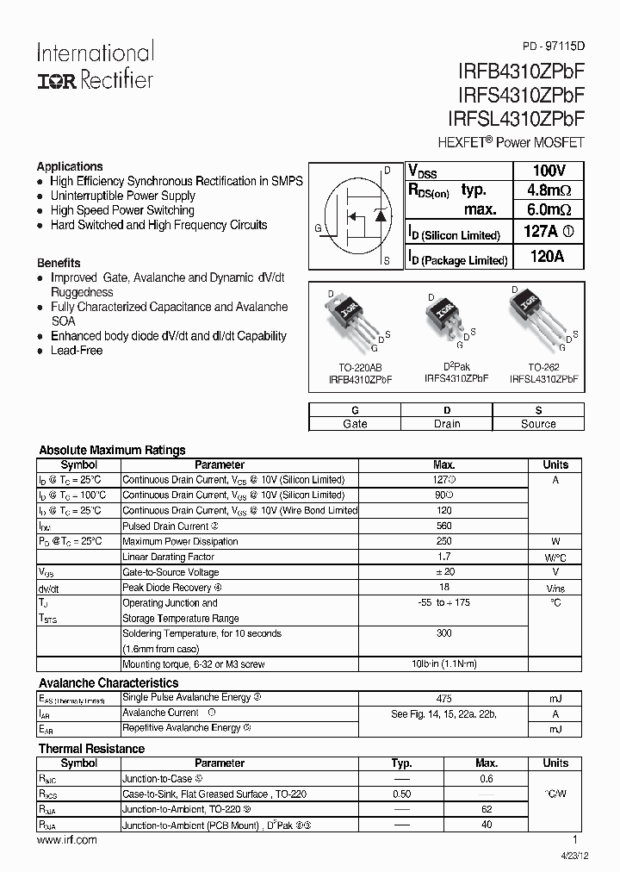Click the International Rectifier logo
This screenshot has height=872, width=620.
click(95, 65)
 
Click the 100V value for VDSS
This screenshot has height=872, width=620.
click(549, 171)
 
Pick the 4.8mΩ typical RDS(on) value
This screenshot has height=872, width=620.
click(549, 190)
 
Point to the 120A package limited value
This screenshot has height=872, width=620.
click(549, 257)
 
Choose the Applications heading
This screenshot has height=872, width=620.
click(70, 166)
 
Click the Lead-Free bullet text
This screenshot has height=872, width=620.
click(77, 351)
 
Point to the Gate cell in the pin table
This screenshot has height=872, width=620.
click(355, 424)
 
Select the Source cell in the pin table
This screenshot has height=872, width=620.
click(538, 424)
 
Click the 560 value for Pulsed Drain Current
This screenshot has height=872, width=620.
click(444, 526)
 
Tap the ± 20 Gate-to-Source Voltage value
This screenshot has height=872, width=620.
click(444, 572)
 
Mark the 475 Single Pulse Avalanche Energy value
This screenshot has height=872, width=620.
click(444, 699)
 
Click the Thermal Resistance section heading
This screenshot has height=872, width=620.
click(91, 749)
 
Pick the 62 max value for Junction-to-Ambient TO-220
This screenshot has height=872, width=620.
click(487, 810)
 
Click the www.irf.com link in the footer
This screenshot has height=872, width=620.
click(67, 840)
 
